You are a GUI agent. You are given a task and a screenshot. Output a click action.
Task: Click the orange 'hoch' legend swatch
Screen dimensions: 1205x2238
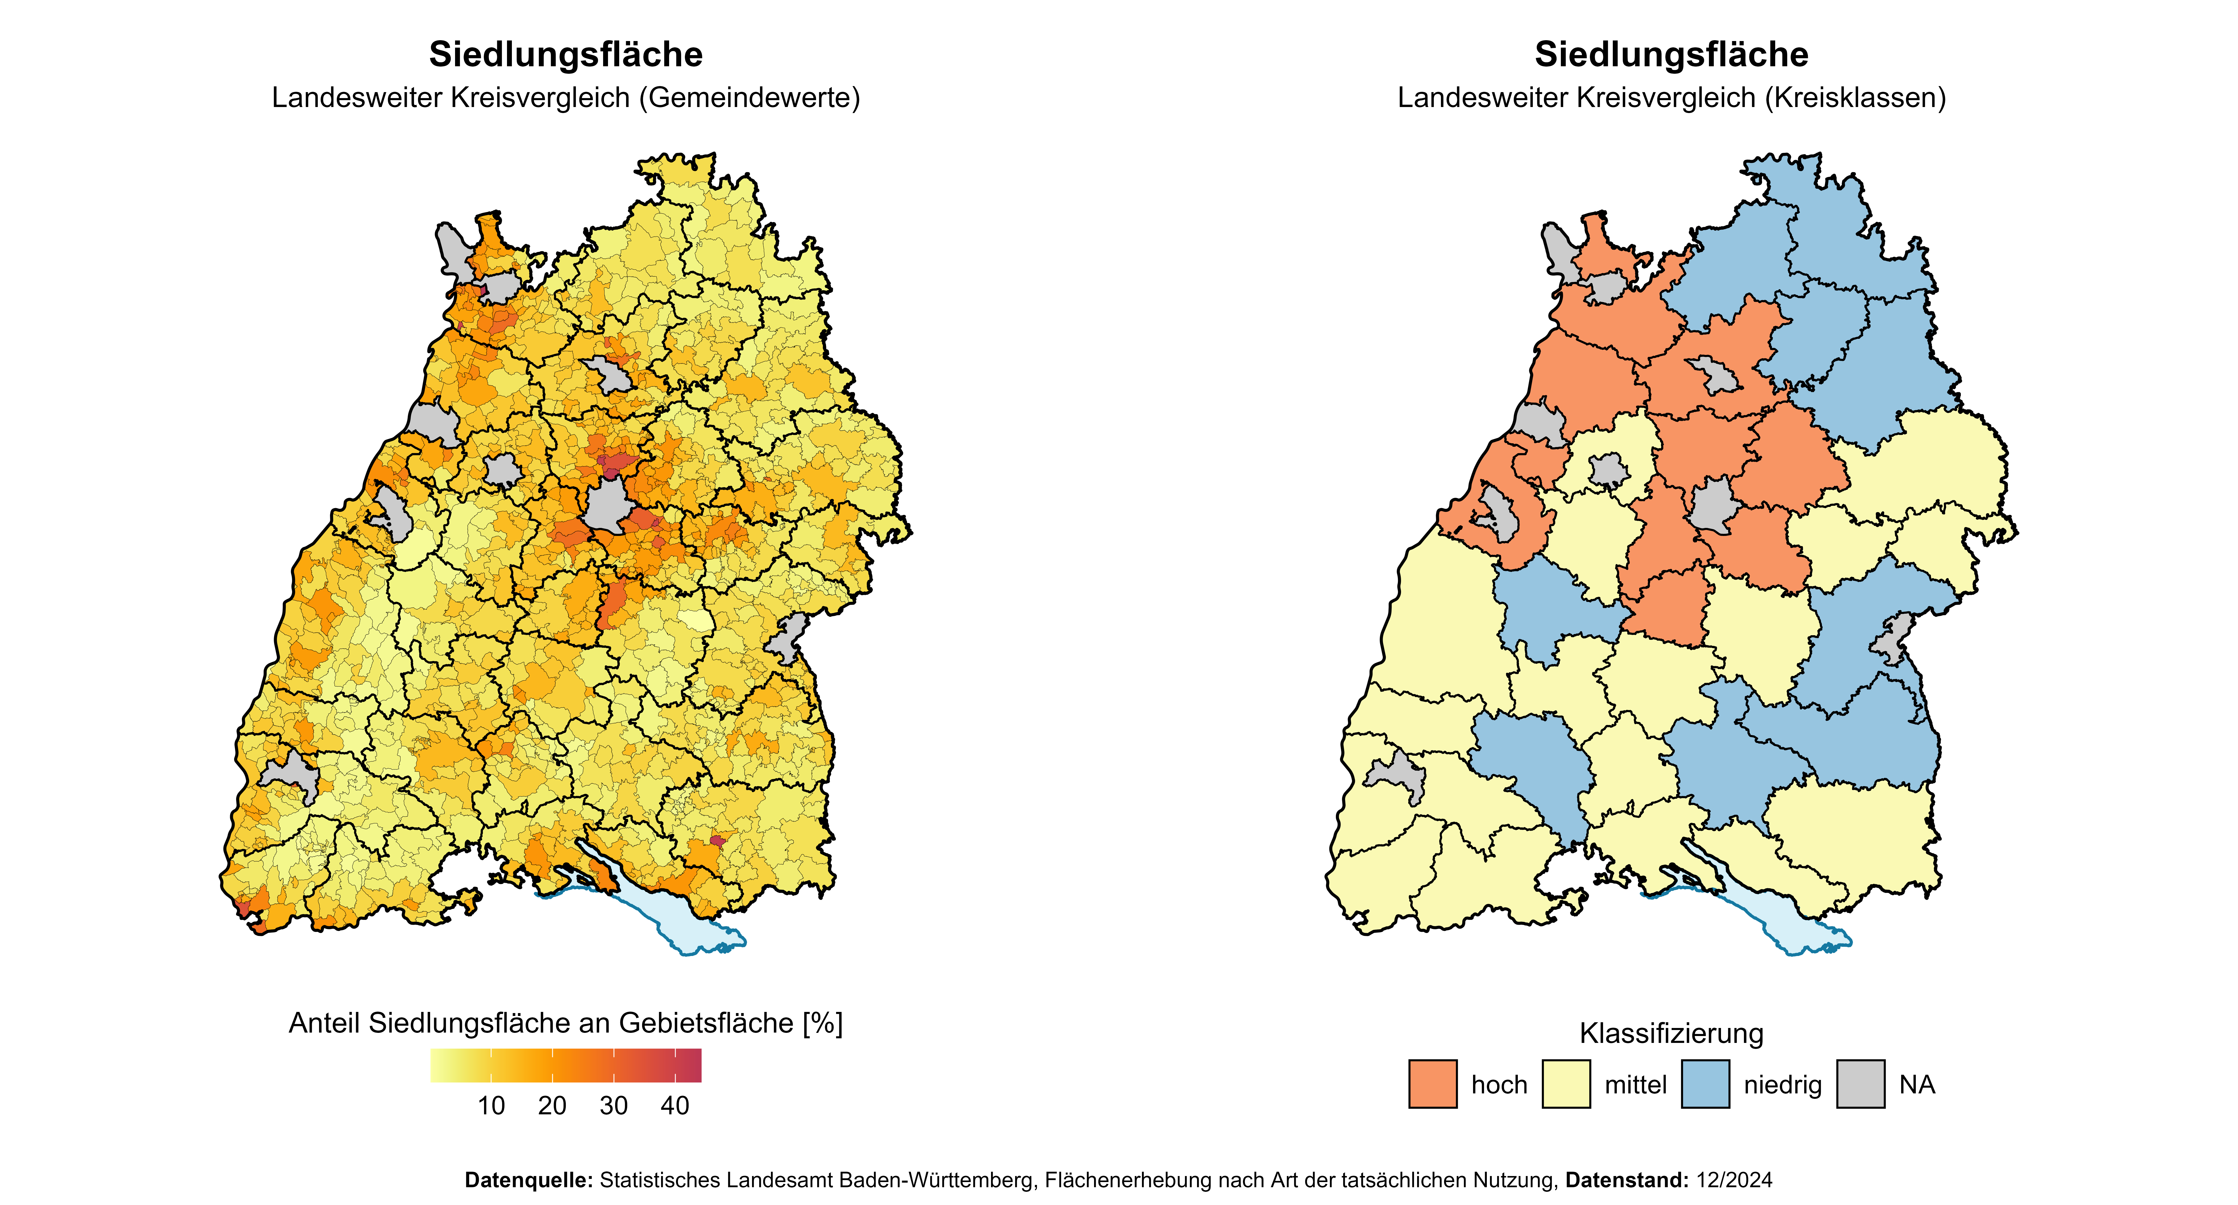point(1433,1084)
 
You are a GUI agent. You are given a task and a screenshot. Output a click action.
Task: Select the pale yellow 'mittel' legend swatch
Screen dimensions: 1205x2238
point(1566,1084)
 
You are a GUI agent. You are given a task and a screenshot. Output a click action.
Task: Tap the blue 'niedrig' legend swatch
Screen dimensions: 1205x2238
point(1705,1084)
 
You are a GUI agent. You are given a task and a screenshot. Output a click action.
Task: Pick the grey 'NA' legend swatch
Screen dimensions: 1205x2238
point(1861,1084)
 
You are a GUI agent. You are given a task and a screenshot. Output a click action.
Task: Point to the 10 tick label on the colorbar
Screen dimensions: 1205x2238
point(491,1106)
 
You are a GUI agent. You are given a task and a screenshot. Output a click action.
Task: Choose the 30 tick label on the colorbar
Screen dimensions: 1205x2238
point(613,1106)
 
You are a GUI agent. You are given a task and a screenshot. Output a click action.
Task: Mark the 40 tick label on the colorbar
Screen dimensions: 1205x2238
point(675,1106)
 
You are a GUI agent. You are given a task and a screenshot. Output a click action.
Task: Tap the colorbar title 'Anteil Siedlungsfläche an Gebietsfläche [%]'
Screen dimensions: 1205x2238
point(566,1023)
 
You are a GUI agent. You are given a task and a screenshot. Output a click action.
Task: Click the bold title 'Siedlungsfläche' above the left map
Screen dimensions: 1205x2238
point(566,55)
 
